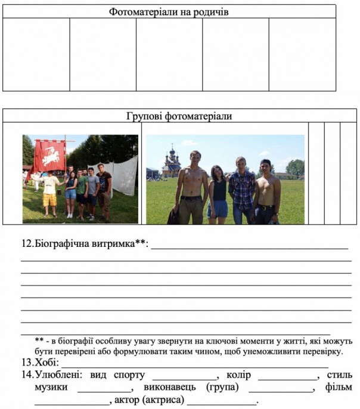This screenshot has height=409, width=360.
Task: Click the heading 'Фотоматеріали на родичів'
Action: click(x=169, y=11)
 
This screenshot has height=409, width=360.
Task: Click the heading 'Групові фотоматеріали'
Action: click(x=179, y=116)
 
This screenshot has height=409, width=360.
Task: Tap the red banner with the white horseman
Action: click(x=49, y=156)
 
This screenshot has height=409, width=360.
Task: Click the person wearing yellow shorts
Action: click(x=50, y=191)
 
